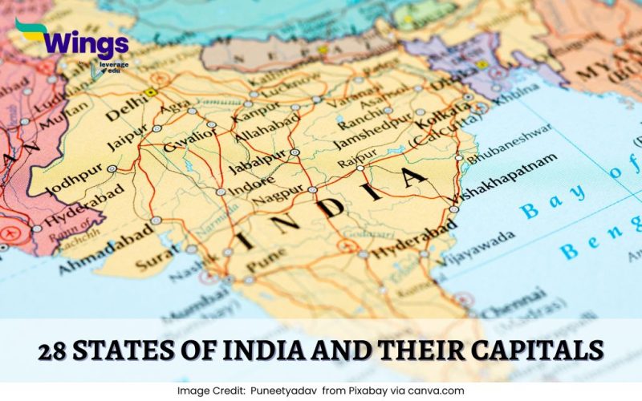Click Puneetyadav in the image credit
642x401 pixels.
pyautogui.click(x=284, y=391)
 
